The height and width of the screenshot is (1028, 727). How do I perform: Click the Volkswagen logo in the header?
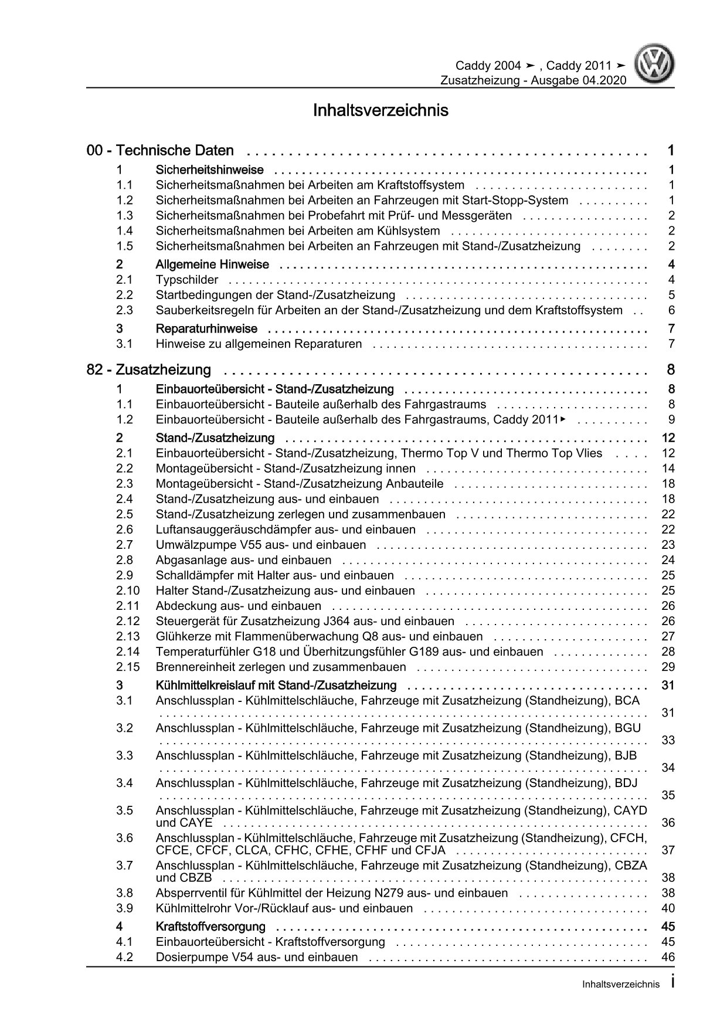point(656,66)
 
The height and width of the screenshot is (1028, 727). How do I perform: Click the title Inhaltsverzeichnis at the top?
point(381,110)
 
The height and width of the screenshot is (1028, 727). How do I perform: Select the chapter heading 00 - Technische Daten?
point(160,151)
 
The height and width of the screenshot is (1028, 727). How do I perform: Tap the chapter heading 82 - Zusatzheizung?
point(149,370)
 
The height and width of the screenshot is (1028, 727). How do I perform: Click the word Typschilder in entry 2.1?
point(187,280)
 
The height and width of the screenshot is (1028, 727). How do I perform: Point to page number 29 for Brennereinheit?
point(668,667)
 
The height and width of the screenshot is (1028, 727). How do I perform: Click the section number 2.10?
point(128,591)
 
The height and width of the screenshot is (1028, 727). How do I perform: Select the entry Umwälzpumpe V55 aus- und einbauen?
point(261,545)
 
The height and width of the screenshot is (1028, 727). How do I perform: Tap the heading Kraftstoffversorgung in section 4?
point(210,927)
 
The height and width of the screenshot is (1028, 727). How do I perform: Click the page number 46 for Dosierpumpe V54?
point(668,957)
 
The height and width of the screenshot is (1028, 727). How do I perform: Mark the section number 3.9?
point(124,908)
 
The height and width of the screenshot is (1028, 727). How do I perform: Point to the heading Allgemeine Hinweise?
point(212,264)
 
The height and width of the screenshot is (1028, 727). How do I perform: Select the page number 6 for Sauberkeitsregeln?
point(671,310)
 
